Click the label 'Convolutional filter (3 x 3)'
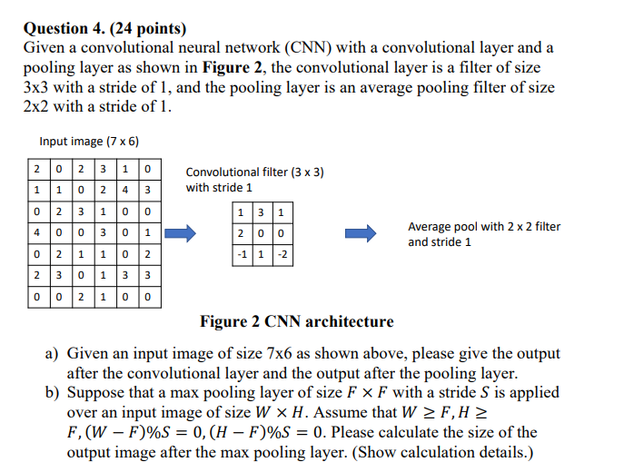pyautogui.click(x=254, y=172)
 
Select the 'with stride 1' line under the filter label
pyautogui.click(x=219, y=188)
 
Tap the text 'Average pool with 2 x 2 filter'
pyautogui.click(x=484, y=227)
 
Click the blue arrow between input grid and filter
pyautogui.click(x=186, y=233)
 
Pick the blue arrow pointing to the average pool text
pyautogui.click(x=362, y=233)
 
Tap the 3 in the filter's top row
pyautogui.click(x=262, y=213)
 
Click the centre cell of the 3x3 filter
pyautogui.click(x=262, y=233)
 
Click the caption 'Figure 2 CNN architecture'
pyautogui.click(x=297, y=321)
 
